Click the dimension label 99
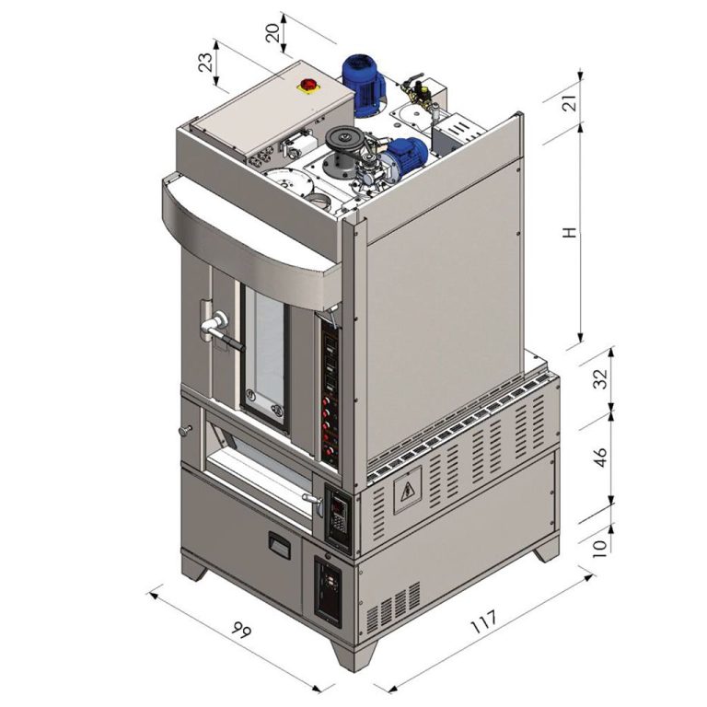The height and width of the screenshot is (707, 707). [x=241, y=629]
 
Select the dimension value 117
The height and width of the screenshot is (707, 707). [x=484, y=621]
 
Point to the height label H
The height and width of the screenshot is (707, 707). [x=570, y=233]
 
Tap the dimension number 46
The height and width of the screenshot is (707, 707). [x=600, y=457]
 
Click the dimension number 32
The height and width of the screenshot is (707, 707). [x=600, y=378]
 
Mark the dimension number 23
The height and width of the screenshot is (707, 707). [x=205, y=63]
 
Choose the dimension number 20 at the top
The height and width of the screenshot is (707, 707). [x=272, y=32]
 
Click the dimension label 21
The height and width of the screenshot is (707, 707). [x=570, y=103]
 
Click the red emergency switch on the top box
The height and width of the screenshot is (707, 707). [x=308, y=85]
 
